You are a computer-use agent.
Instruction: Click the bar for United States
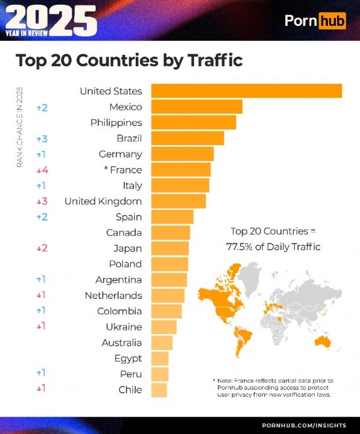tap(246, 91)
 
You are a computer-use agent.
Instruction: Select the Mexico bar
tap(197, 107)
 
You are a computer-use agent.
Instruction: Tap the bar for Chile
tap(159, 389)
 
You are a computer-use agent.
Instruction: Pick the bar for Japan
tap(169, 248)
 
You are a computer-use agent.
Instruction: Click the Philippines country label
tap(116, 122)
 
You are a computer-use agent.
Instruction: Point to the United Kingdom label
tap(103, 201)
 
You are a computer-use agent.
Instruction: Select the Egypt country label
tap(128, 358)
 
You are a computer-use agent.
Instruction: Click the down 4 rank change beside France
tap(42, 170)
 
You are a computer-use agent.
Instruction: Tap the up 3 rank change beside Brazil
tap(42, 139)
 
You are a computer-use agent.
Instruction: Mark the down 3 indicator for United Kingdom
tap(42, 201)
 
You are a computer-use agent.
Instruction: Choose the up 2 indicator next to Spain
tap(42, 217)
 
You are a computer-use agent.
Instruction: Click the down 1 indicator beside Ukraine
tap(41, 327)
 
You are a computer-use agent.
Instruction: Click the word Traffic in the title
tap(209, 60)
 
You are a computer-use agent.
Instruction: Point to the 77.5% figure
tap(240, 247)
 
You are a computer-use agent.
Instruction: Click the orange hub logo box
tap(332, 21)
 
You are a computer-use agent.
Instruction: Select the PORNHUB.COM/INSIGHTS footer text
tap(303, 426)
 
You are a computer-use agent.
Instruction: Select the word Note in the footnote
tap(227, 380)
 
